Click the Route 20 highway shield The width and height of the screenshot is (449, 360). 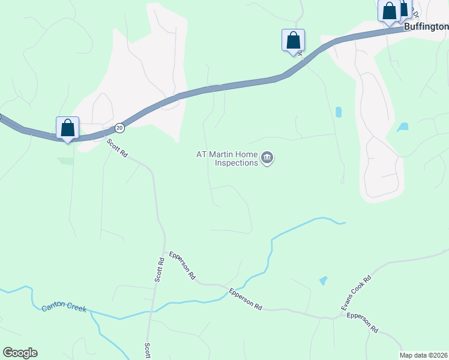pos(120,128)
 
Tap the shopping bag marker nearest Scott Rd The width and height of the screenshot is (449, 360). pos(67,128)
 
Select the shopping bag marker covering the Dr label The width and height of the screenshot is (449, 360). pos(293,41)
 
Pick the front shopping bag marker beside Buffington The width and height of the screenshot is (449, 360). pos(389,11)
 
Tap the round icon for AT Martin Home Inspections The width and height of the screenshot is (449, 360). pos(267,158)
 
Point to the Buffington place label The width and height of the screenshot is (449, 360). pos(426,26)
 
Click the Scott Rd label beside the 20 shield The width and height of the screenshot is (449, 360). pos(118,148)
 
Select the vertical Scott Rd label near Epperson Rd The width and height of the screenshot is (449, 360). pos(160,270)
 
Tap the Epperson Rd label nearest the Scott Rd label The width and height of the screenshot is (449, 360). pos(182,266)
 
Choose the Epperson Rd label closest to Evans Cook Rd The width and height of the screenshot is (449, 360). pos(363,322)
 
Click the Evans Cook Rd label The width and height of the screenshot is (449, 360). pos(357,292)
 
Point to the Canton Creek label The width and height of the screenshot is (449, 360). pos(64,308)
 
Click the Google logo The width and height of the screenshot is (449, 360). pos(20,353)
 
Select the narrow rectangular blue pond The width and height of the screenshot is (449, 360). pos(339,112)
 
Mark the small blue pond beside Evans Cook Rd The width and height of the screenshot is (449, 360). pos(324,280)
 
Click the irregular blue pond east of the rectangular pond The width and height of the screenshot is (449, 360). pos(403,127)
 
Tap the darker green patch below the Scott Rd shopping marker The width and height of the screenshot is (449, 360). pos(65,161)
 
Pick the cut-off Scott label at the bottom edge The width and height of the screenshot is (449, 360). pos(147,350)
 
